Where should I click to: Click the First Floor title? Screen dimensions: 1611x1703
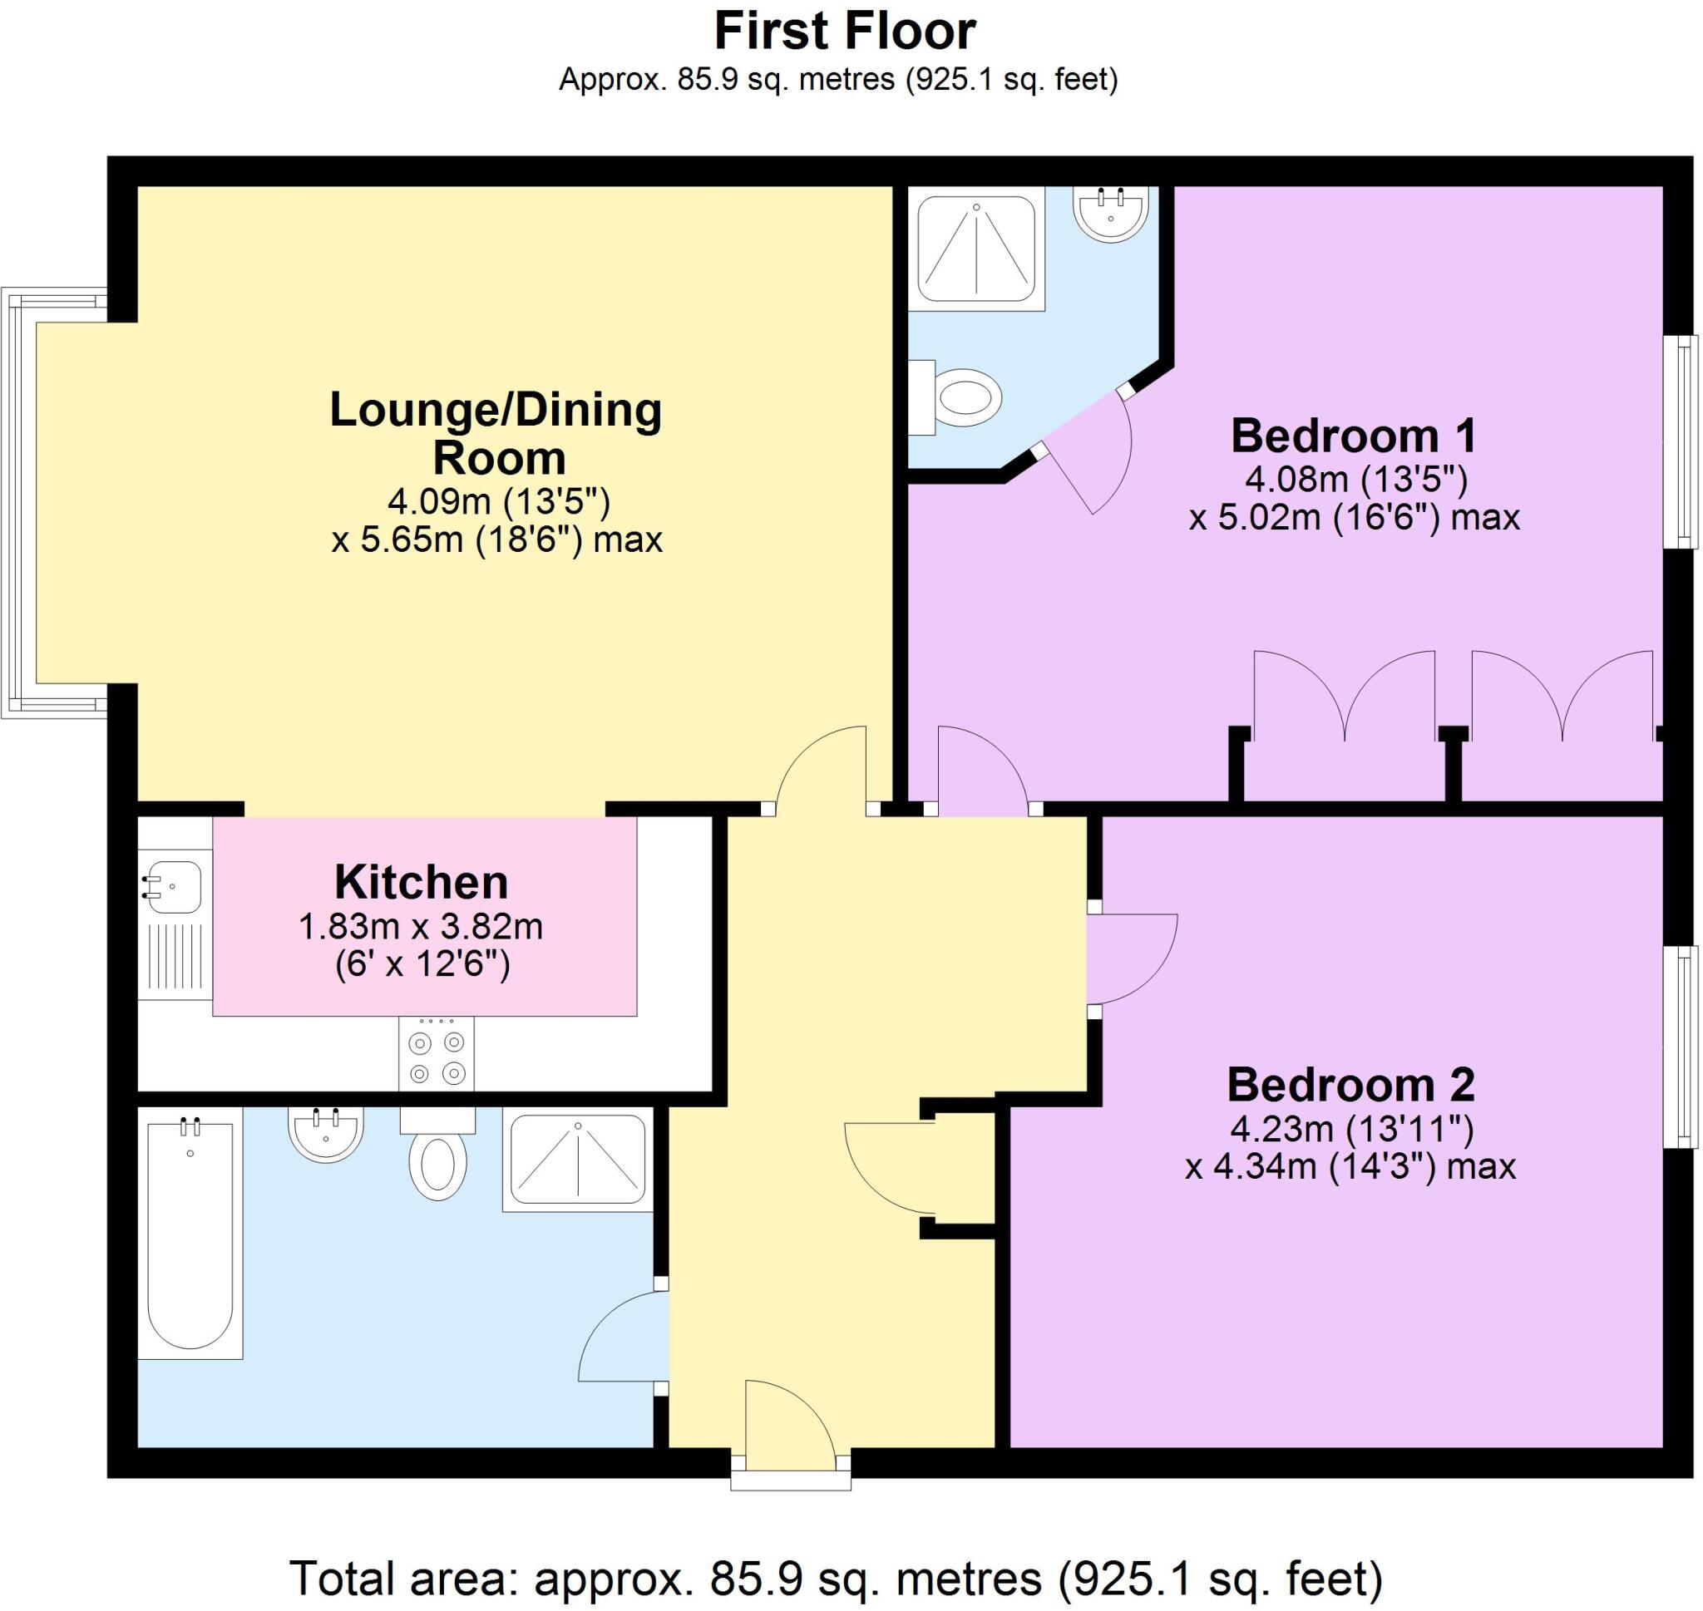pyautogui.click(x=844, y=32)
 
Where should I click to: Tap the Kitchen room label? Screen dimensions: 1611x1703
pyautogui.click(x=421, y=882)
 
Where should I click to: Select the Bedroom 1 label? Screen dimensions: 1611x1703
pyautogui.click(x=1353, y=436)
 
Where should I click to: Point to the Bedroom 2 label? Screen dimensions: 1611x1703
pyautogui.click(x=1350, y=1085)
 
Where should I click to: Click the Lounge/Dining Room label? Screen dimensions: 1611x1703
pyautogui.click(x=496, y=434)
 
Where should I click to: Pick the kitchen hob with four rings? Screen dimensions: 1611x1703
pyautogui.click(x=437, y=1054)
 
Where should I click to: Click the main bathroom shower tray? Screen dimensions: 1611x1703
pyautogui.click(x=577, y=1160)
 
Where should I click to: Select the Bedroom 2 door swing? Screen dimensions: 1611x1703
pyautogui.click(x=1127, y=959)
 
